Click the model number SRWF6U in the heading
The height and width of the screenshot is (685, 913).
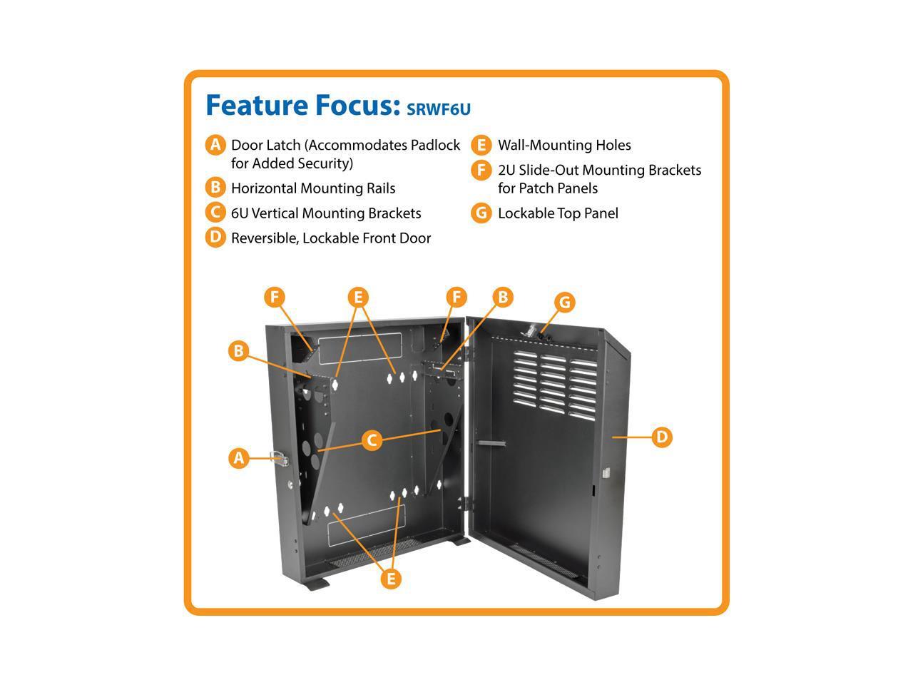coord(439,108)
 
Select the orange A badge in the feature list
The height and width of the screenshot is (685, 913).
coord(215,145)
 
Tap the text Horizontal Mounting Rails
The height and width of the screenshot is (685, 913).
coord(312,188)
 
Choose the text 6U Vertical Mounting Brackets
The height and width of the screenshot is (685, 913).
coord(326,213)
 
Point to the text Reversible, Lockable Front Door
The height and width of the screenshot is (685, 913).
coord(331,238)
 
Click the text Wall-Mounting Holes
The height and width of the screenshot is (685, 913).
coord(564,146)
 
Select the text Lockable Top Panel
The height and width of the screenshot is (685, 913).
coord(558,213)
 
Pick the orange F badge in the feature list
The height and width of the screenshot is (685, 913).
coord(481,171)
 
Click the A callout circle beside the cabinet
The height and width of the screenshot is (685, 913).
coord(239,457)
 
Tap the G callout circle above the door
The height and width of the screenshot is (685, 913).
coord(564,302)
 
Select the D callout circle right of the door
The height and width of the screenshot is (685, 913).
coord(662,436)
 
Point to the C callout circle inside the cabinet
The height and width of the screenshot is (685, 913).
coord(372,440)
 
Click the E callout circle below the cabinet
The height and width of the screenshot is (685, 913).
coord(390,579)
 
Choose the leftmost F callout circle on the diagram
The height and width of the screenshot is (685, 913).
coord(275,297)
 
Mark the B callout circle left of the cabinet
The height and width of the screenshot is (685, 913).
coord(239,350)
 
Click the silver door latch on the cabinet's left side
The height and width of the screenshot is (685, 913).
coord(280,458)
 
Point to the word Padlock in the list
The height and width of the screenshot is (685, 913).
coord(435,146)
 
